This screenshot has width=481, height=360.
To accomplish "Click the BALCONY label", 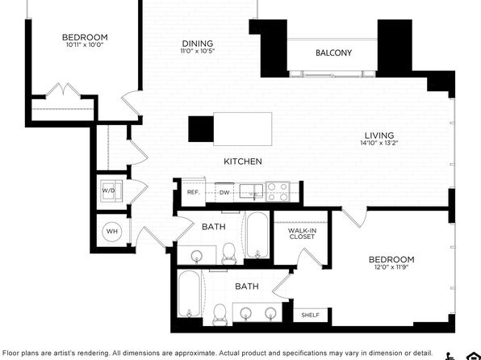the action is pyautogui.click(x=333, y=52).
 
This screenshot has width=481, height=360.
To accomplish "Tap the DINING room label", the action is pyautogui.click(x=198, y=44).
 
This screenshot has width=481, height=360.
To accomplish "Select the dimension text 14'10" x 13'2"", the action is pyautogui.click(x=379, y=143).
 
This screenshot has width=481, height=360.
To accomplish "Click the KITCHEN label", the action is pyautogui.click(x=243, y=161).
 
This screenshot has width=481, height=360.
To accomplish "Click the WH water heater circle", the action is pyautogui.click(x=112, y=231).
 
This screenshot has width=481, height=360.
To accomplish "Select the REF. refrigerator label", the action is pyautogui.click(x=193, y=193).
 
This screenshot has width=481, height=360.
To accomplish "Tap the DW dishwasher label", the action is pyautogui.click(x=224, y=193).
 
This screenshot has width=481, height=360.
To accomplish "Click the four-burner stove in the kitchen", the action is pyautogui.click(x=278, y=191).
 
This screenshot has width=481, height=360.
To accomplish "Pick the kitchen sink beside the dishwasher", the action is pyautogui.click(x=251, y=191).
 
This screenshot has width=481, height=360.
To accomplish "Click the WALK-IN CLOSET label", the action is pyautogui.click(x=302, y=234).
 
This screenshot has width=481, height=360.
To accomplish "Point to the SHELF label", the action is pyautogui.click(x=310, y=315).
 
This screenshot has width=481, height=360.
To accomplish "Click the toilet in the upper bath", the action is pyautogui.click(x=228, y=253).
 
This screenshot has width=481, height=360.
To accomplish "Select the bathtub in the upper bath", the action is pyautogui.click(x=257, y=235).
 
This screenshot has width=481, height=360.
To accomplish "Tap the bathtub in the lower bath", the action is pyautogui.click(x=190, y=294).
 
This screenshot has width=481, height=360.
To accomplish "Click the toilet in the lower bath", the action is pyautogui.click(x=220, y=314).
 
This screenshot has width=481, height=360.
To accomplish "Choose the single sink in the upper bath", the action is pyautogui.click(x=197, y=255).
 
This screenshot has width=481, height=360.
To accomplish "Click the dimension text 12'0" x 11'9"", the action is pyautogui.click(x=391, y=266).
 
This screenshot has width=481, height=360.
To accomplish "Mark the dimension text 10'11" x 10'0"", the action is pyautogui.click(x=85, y=45).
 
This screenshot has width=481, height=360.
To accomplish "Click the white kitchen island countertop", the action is pyautogui.click(x=242, y=129).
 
